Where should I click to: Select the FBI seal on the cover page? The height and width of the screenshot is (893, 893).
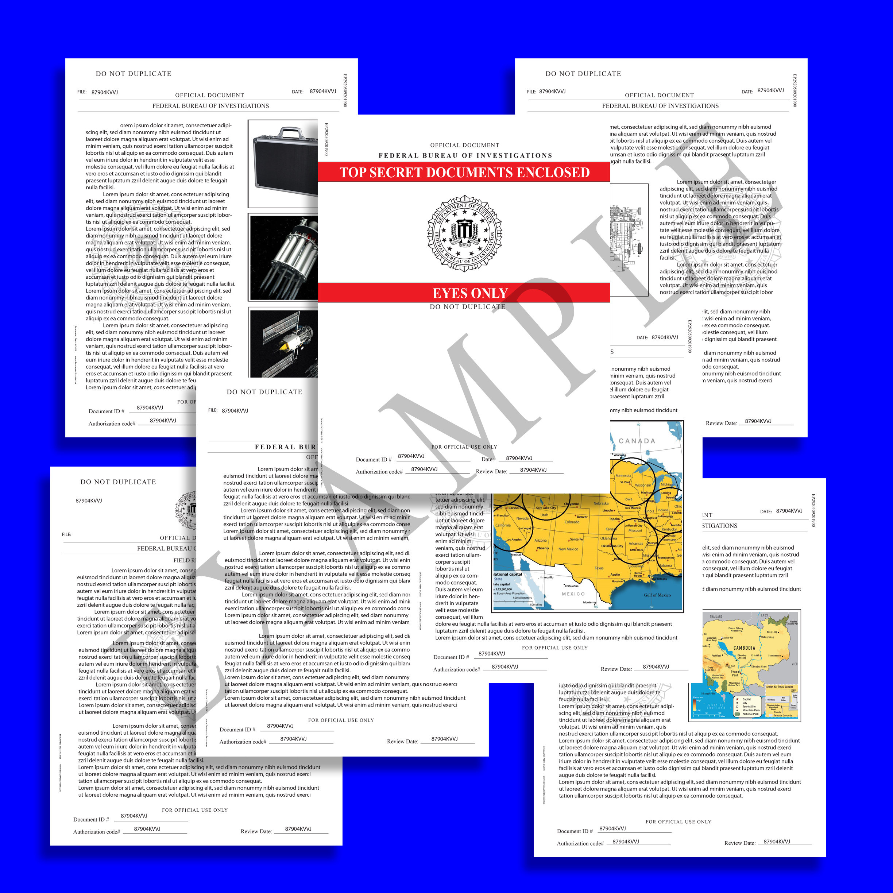(464, 233)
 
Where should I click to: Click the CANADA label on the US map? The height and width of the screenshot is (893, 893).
(637, 441)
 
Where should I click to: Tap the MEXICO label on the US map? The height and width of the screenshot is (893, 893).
(573, 594)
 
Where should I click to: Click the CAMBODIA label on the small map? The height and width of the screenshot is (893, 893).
(744, 647)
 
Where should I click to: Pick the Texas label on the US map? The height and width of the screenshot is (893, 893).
(599, 568)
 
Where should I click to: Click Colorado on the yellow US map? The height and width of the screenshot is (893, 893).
(572, 522)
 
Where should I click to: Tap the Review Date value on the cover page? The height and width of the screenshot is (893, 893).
(533, 469)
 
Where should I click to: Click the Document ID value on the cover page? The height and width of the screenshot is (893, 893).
(411, 456)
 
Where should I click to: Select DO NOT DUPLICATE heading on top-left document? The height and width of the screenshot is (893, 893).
(133, 73)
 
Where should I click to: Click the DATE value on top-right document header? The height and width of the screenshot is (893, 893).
(770, 90)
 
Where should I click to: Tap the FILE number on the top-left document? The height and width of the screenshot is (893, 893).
(104, 92)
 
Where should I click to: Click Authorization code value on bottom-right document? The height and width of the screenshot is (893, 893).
(625, 842)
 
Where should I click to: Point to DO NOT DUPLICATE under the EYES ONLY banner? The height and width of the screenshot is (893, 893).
(467, 306)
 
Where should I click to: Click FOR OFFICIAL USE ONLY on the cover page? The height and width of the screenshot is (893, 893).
(464, 447)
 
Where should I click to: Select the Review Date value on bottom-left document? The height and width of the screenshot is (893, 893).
(298, 829)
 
